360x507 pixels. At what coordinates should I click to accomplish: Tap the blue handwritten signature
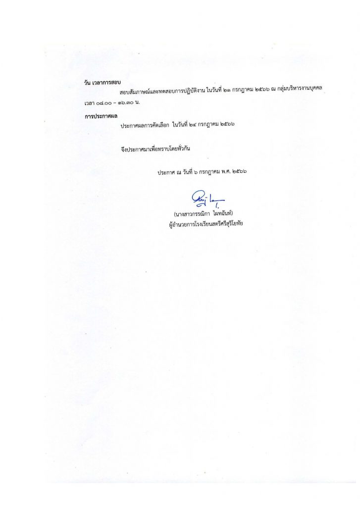(x=201, y=199)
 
